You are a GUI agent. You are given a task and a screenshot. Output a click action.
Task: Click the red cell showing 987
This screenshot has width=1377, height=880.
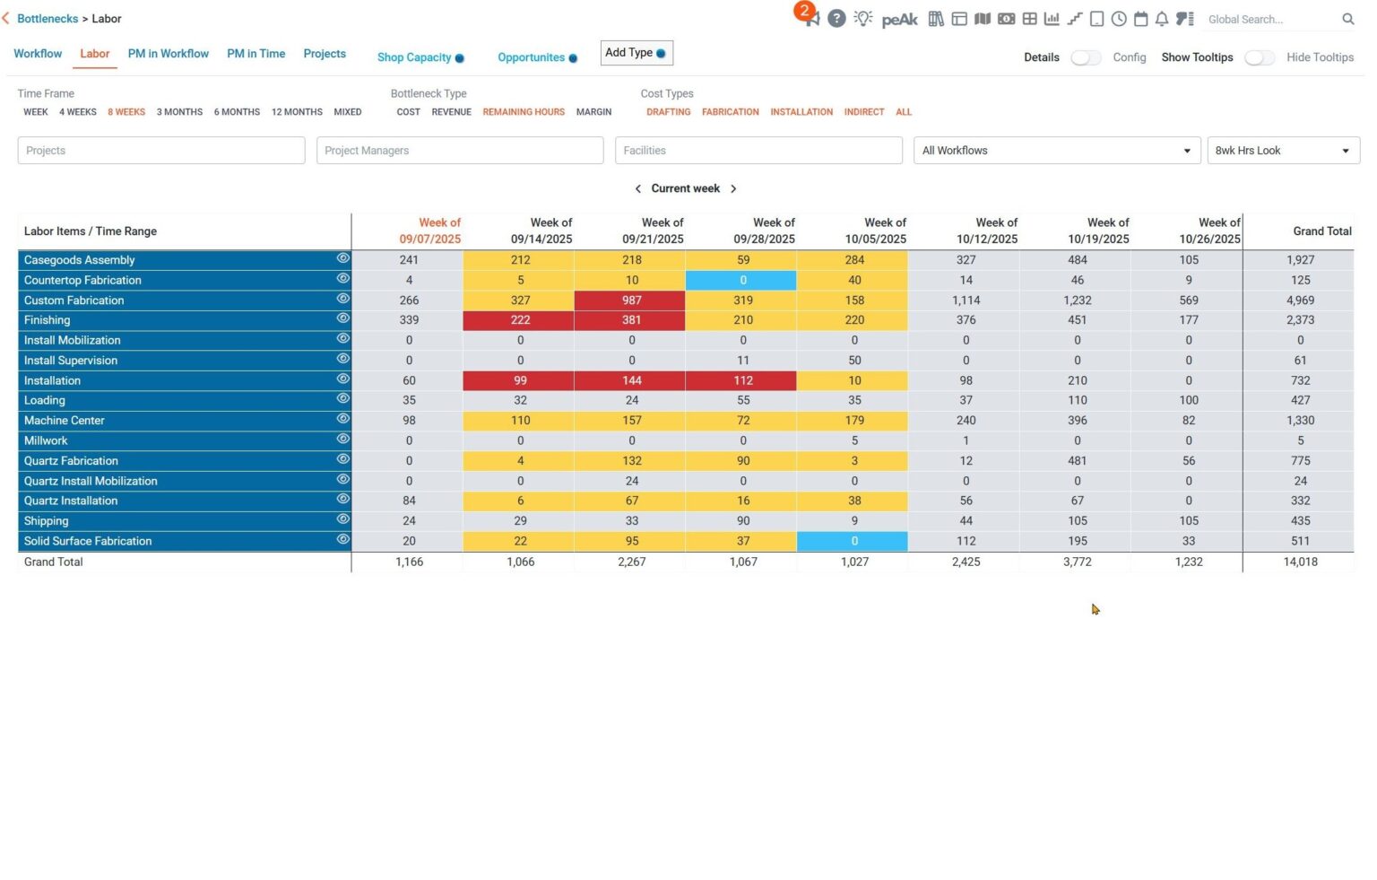pyautogui.click(x=631, y=301)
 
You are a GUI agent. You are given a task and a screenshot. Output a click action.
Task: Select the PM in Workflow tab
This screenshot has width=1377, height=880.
pyautogui.click(x=168, y=54)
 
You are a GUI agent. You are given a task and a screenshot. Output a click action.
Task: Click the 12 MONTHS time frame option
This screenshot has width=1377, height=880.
pyautogui.click(x=297, y=112)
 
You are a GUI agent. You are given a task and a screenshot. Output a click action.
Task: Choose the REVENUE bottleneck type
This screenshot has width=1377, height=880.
pyautogui.click(x=451, y=112)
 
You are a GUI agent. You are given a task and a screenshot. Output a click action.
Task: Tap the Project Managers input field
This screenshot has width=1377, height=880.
pyautogui.click(x=459, y=151)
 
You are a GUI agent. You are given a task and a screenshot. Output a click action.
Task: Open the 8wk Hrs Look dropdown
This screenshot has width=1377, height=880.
pyautogui.click(x=1282, y=151)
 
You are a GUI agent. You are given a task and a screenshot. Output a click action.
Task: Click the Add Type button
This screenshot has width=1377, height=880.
pyautogui.click(x=636, y=53)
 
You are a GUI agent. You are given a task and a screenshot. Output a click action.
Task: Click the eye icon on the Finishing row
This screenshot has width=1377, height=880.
pyautogui.click(x=342, y=318)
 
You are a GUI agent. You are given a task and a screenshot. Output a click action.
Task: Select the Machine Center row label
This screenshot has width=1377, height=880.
pyautogui.click(x=65, y=421)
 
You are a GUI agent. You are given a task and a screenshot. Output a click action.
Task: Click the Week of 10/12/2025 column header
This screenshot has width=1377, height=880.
pyautogui.click(x=986, y=231)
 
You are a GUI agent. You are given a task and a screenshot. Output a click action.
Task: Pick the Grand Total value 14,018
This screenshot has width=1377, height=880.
pyautogui.click(x=1300, y=562)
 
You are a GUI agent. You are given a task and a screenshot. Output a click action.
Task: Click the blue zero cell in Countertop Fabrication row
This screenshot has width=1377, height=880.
pyautogui.click(x=742, y=281)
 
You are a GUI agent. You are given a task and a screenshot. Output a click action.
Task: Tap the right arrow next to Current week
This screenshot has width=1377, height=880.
pyautogui.click(x=733, y=189)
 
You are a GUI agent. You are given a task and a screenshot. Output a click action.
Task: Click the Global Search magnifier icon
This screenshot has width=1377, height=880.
pyautogui.click(x=1347, y=19)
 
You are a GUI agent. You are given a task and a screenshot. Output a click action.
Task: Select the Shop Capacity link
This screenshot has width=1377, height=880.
pyautogui.click(x=414, y=57)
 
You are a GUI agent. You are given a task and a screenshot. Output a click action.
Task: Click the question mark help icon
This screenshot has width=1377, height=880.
pyautogui.click(x=836, y=19)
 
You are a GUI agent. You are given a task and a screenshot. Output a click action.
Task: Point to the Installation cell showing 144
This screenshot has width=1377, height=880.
pyautogui.click(x=631, y=380)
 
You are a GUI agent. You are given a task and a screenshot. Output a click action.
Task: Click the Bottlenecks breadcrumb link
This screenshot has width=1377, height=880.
pyautogui.click(x=48, y=19)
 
